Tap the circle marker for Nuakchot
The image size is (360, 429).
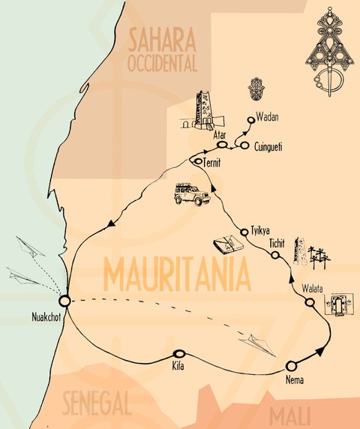[64, 301]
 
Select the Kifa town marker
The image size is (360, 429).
[178, 354]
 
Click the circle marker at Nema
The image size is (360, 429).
[291, 366]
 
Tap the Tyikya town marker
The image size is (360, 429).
[244, 230]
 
